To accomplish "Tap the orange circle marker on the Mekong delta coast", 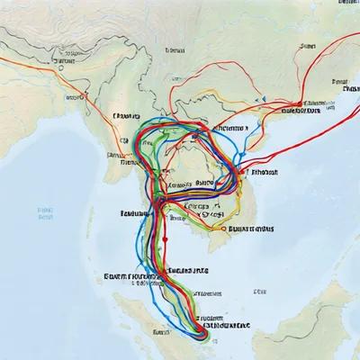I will (222, 228).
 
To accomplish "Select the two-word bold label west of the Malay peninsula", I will (130, 276).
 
